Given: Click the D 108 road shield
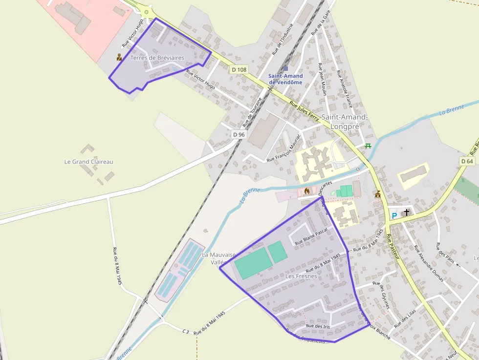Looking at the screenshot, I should [x=239, y=70].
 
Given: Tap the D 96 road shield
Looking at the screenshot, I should [x=239, y=134].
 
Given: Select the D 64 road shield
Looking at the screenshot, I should [x=467, y=161].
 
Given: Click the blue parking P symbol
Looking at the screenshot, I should [x=394, y=215].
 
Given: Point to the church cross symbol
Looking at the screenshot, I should [x=406, y=212].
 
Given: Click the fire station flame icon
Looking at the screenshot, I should [x=306, y=191].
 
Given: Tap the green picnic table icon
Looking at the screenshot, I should [x=368, y=146].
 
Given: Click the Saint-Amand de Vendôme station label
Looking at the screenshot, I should [x=285, y=79].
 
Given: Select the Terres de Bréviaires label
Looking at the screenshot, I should [x=157, y=58].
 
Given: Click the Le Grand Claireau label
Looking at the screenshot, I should [x=89, y=161].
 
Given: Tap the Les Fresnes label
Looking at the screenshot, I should [x=301, y=276].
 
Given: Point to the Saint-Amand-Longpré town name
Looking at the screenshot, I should [x=344, y=122].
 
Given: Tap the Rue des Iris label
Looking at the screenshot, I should [x=318, y=326].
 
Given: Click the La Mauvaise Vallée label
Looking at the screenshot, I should [x=219, y=258].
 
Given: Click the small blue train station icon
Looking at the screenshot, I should [x=285, y=69].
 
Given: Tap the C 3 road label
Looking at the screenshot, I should [x=186, y=331].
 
